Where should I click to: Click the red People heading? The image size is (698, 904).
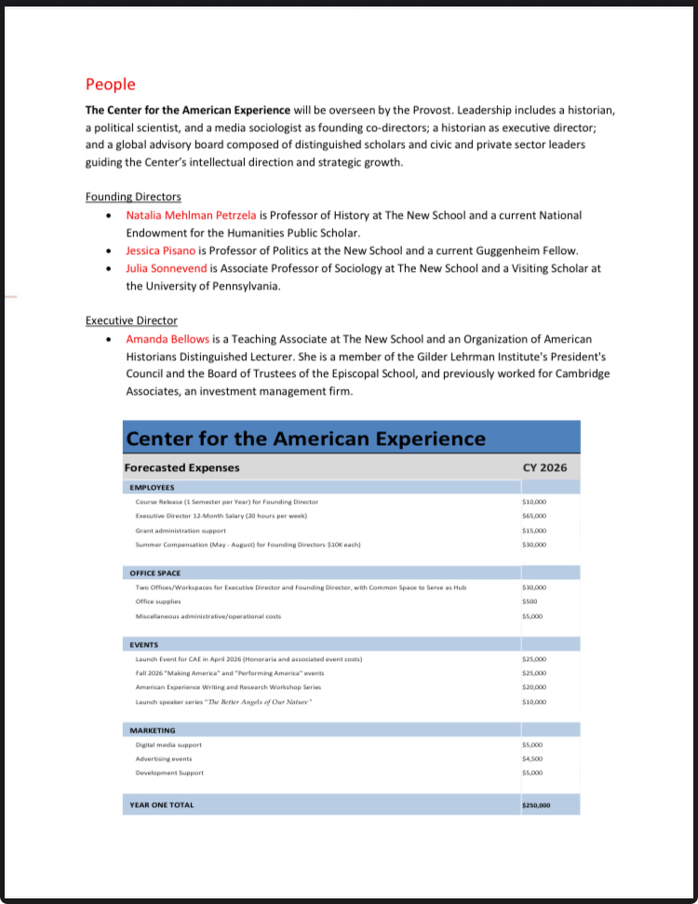pyautogui.click(x=110, y=85)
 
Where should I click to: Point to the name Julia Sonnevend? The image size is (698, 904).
pyautogui.click(x=166, y=268)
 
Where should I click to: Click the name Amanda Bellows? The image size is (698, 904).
pyautogui.click(x=168, y=339)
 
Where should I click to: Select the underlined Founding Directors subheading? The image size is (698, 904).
pyautogui.click(x=133, y=196)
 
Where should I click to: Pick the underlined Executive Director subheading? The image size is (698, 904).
pyautogui.click(x=131, y=321)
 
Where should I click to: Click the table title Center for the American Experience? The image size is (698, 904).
pyautogui.click(x=305, y=439)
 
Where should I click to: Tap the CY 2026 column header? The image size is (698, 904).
pyautogui.click(x=545, y=467)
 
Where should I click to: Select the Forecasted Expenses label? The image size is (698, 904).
pyautogui.click(x=181, y=467)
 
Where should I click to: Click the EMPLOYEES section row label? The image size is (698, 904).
pyautogui.click(x=152, y=487)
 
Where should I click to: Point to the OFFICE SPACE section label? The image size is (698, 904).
pyautogui.click(x=155, y=573)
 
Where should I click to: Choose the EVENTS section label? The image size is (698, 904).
pyautogui.click(x=144, y=644)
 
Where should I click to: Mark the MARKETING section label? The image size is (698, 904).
pyautogui.click(x=153, y=730)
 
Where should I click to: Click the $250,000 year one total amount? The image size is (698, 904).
pyautogui.click(x=537, y=804)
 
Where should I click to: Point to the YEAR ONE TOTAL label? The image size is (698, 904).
pyautogui.click(x=162, y=804)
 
